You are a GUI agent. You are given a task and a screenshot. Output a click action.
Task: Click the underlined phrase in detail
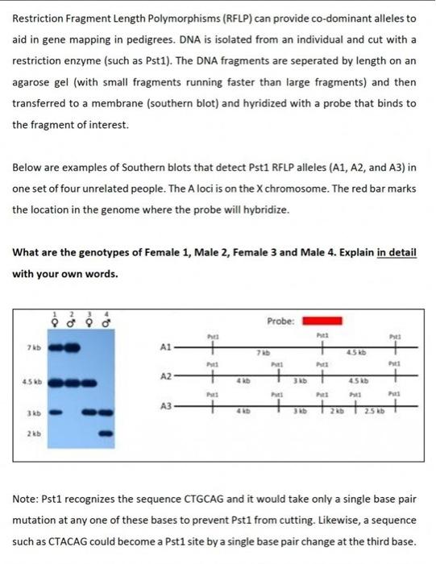point(396,252)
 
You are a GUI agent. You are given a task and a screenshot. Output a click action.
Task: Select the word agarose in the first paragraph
point(37,82)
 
